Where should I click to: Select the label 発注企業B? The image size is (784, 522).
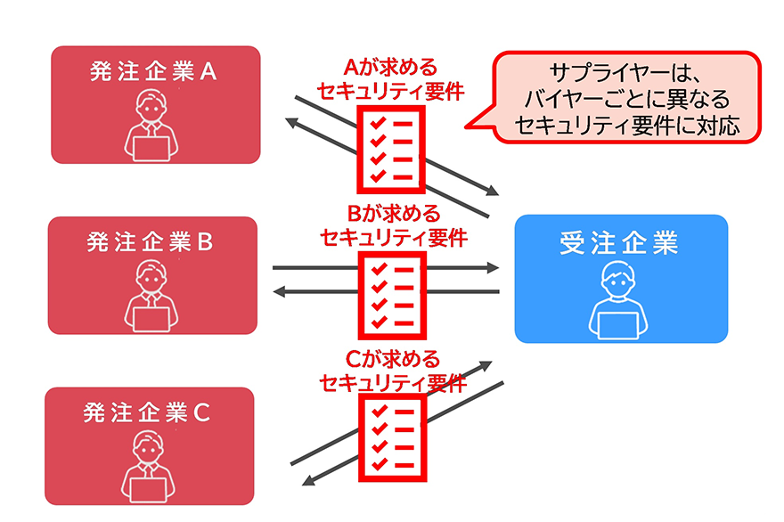coord(150,242)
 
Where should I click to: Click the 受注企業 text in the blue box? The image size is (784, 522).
coord(620,243)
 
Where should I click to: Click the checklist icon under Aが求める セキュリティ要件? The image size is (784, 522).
coord(392,149)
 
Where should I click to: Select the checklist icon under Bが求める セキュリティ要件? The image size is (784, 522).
coord(392,295)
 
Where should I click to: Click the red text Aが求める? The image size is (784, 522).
coord(392,68)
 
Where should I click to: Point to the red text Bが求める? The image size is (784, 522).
coord(392,215)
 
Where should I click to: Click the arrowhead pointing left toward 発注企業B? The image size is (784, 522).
coord(280,290)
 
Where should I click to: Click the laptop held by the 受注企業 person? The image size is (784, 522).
coord(621,325)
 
